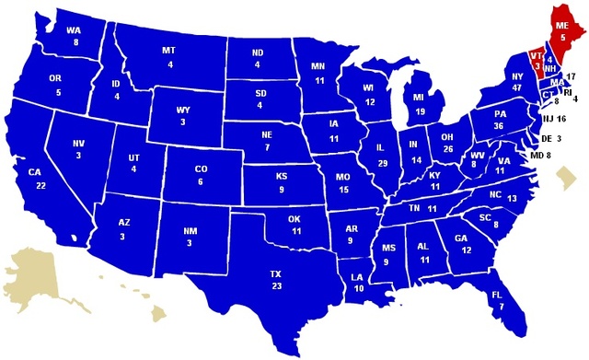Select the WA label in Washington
[x=74, y=29]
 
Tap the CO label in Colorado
[x=202, y=169]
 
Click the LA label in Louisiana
[x=358, y=275]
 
